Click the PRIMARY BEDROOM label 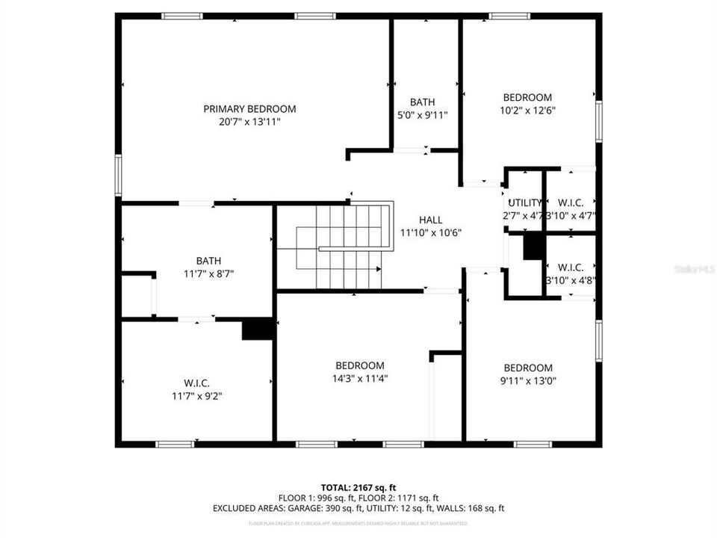[x=249, y=108]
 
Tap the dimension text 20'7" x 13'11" [x=249, y=121]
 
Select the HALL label [x=430, y=220]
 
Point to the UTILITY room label [x=525, y=202]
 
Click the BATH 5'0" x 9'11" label [x=422, y=102]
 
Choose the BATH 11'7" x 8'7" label [x=208, y=261]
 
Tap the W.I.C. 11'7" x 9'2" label [x=196, y=383]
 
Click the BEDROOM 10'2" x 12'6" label [x=527, y=97]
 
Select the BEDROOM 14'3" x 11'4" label [x=360, y=365]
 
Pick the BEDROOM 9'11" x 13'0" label [x=528, y=368]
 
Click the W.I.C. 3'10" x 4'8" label [x=571, y=267]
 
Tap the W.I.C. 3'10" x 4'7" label [x=571, y=202]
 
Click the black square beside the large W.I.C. [x=257, y=330]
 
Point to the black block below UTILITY [x=533, y=247]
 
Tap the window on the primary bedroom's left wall [x=118, y=176]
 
